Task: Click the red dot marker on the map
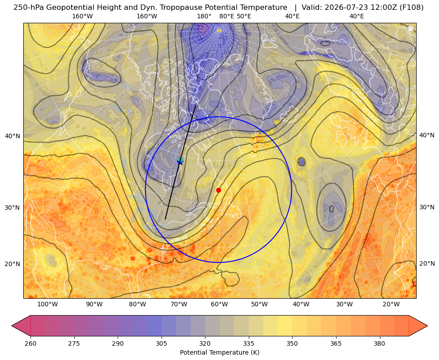219,190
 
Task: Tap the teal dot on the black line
181,160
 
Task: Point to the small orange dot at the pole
219,30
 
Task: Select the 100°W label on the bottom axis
47,304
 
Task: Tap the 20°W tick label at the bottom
391,304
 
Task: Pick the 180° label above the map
204,16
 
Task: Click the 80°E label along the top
227,16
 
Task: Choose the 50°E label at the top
244,16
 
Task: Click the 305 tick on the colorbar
161,343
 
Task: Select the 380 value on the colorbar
379,343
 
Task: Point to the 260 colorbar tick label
30,343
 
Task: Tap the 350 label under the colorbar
292,343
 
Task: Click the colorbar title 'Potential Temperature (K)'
219,352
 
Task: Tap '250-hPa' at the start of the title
29,8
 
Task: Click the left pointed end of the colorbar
12,326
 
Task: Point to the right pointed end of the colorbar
427,326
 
